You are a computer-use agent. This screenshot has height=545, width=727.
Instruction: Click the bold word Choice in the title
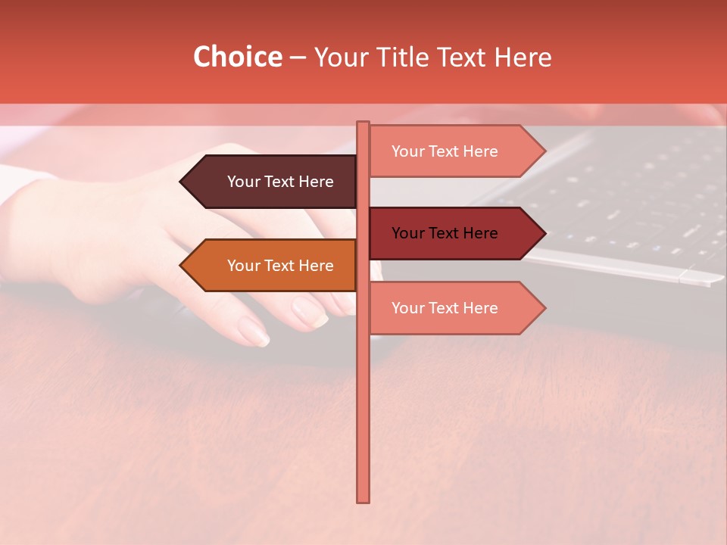(x=237, y=58)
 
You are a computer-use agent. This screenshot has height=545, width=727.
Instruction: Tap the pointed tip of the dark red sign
(x=543, y=233)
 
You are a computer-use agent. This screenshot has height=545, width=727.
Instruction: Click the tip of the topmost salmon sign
(x=543, y=151)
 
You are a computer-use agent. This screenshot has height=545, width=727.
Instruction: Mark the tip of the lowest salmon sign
(x=543, y=308)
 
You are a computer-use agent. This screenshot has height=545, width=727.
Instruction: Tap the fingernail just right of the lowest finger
(x=310, y=311)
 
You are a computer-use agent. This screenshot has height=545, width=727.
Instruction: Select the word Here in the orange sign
(x=317, y=266)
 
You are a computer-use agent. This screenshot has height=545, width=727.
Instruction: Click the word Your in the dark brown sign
(x=243, y=182)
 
